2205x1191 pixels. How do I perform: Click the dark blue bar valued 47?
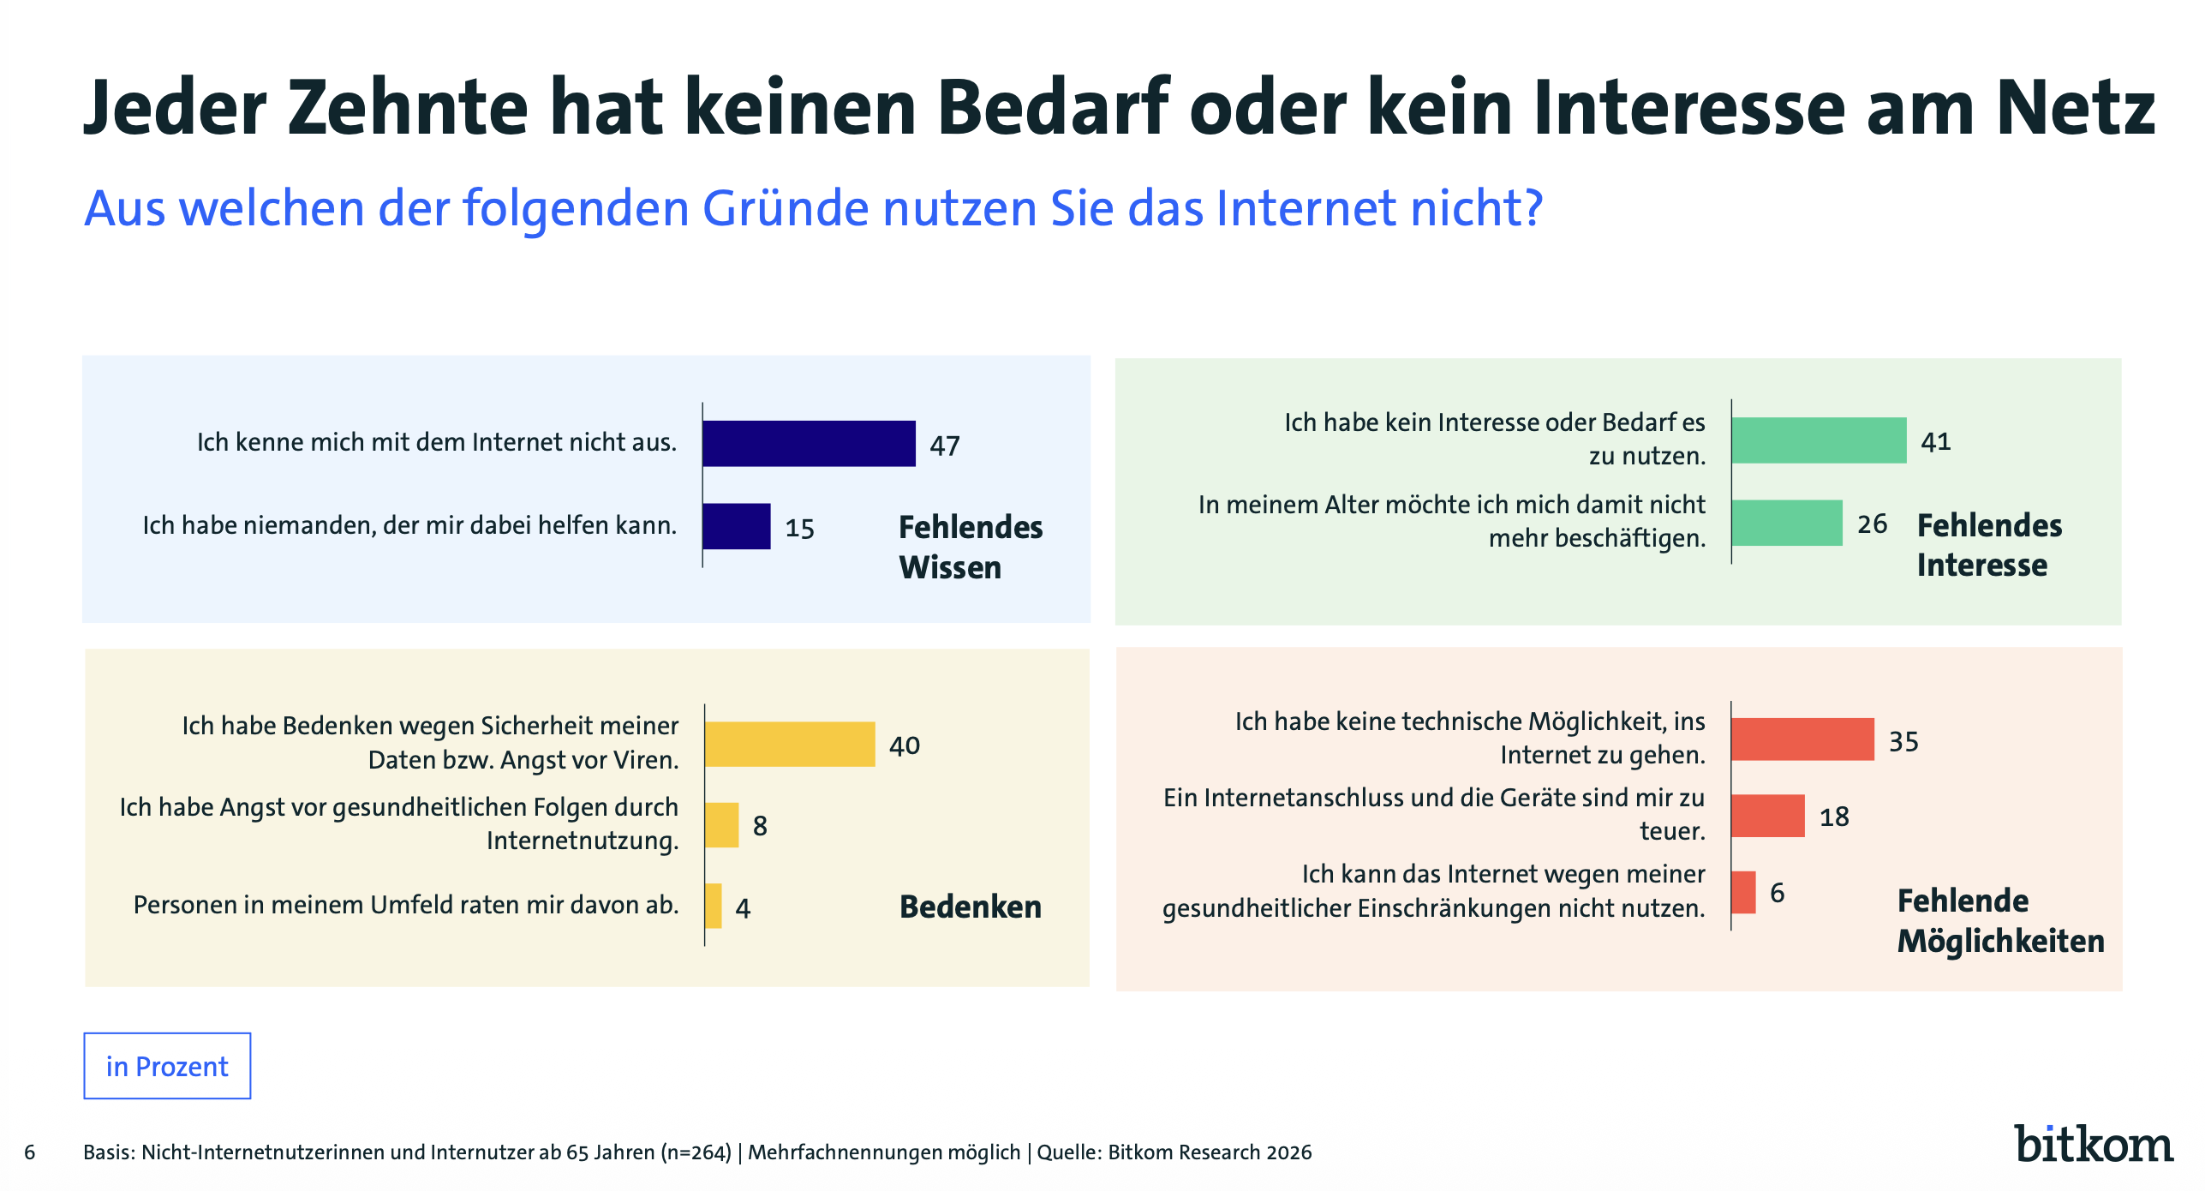tap(809, 443)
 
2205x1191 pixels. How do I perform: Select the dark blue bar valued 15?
tap(736, 526)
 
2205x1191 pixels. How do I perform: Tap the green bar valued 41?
tap(1819, 440)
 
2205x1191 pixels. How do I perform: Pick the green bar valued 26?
tap(1787, 523)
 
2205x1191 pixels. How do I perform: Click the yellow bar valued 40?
tap(790, 744)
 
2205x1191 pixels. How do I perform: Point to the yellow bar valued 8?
tap(722, 825)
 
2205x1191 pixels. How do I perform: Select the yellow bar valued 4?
tap(714, 906)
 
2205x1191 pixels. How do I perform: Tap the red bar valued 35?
tap(1802, 739)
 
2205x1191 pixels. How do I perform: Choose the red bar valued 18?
tap(1768, 816)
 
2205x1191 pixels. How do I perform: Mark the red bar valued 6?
tap(1743, 892)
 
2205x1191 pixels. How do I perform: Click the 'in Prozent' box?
tap(167, 1066)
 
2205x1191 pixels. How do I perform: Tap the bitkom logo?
tap(2093, 1144)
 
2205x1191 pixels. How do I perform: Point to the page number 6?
tap(30, 1152)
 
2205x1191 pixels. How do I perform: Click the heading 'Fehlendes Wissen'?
tap(971, 547)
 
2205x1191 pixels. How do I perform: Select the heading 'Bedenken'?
tap(971, 907)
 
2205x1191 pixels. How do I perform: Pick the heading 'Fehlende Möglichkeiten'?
tap(2000, 921)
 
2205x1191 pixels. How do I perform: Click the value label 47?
tap(945, 446)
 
